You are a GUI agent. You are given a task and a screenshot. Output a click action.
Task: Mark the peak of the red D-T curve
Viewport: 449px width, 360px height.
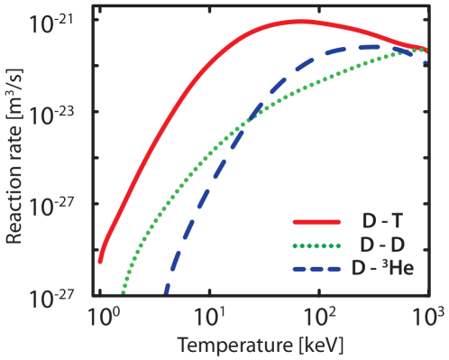tap(302, 21)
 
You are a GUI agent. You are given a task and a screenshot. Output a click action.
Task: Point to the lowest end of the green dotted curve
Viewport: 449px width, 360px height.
tap(123, 292)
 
